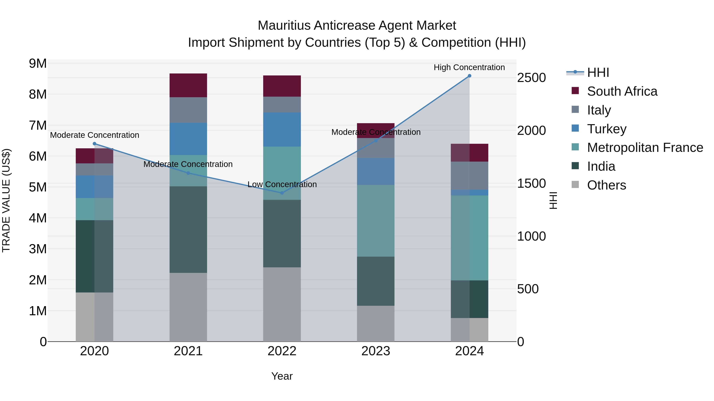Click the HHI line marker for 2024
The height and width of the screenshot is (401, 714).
[469, 76]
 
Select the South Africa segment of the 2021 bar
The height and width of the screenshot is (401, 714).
[188, 85]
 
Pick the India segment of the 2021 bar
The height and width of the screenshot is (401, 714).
[188, 230]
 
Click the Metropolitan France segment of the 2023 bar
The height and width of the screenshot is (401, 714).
[376, 221]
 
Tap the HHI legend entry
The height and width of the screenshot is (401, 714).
[598, 72]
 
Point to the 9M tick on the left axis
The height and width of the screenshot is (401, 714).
[38, 64]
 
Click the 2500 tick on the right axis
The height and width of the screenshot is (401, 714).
[531, 78]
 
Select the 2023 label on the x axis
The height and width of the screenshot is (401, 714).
[376, 351]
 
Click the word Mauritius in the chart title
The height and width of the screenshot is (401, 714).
[284, 26]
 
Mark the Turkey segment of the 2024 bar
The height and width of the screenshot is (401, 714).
[469, 193]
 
